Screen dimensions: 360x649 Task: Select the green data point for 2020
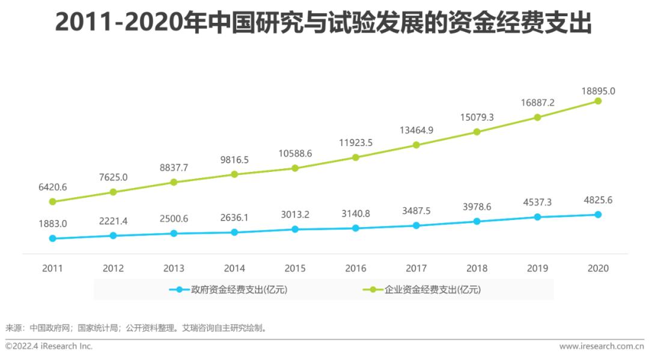pos(598,101)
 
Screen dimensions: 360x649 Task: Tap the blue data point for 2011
pos(52,238)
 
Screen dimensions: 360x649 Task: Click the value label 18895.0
pos(598,91)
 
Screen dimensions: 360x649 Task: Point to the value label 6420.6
pos(52,186)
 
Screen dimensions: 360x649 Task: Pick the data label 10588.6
pos(295,153)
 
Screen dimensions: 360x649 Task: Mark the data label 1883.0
pos(52,224)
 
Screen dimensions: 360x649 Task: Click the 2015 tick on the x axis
pos(295,269)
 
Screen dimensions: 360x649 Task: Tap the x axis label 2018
pos(477,269)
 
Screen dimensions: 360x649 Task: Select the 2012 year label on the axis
pos(113,269)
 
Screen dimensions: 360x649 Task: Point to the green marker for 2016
pos(355,157)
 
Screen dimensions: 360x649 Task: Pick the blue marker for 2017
pos(416,225)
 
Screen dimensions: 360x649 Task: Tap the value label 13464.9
pos(416,130)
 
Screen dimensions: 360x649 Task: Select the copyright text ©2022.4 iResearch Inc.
pos(49,346)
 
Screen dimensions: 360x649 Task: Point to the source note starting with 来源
pos(135,328)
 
